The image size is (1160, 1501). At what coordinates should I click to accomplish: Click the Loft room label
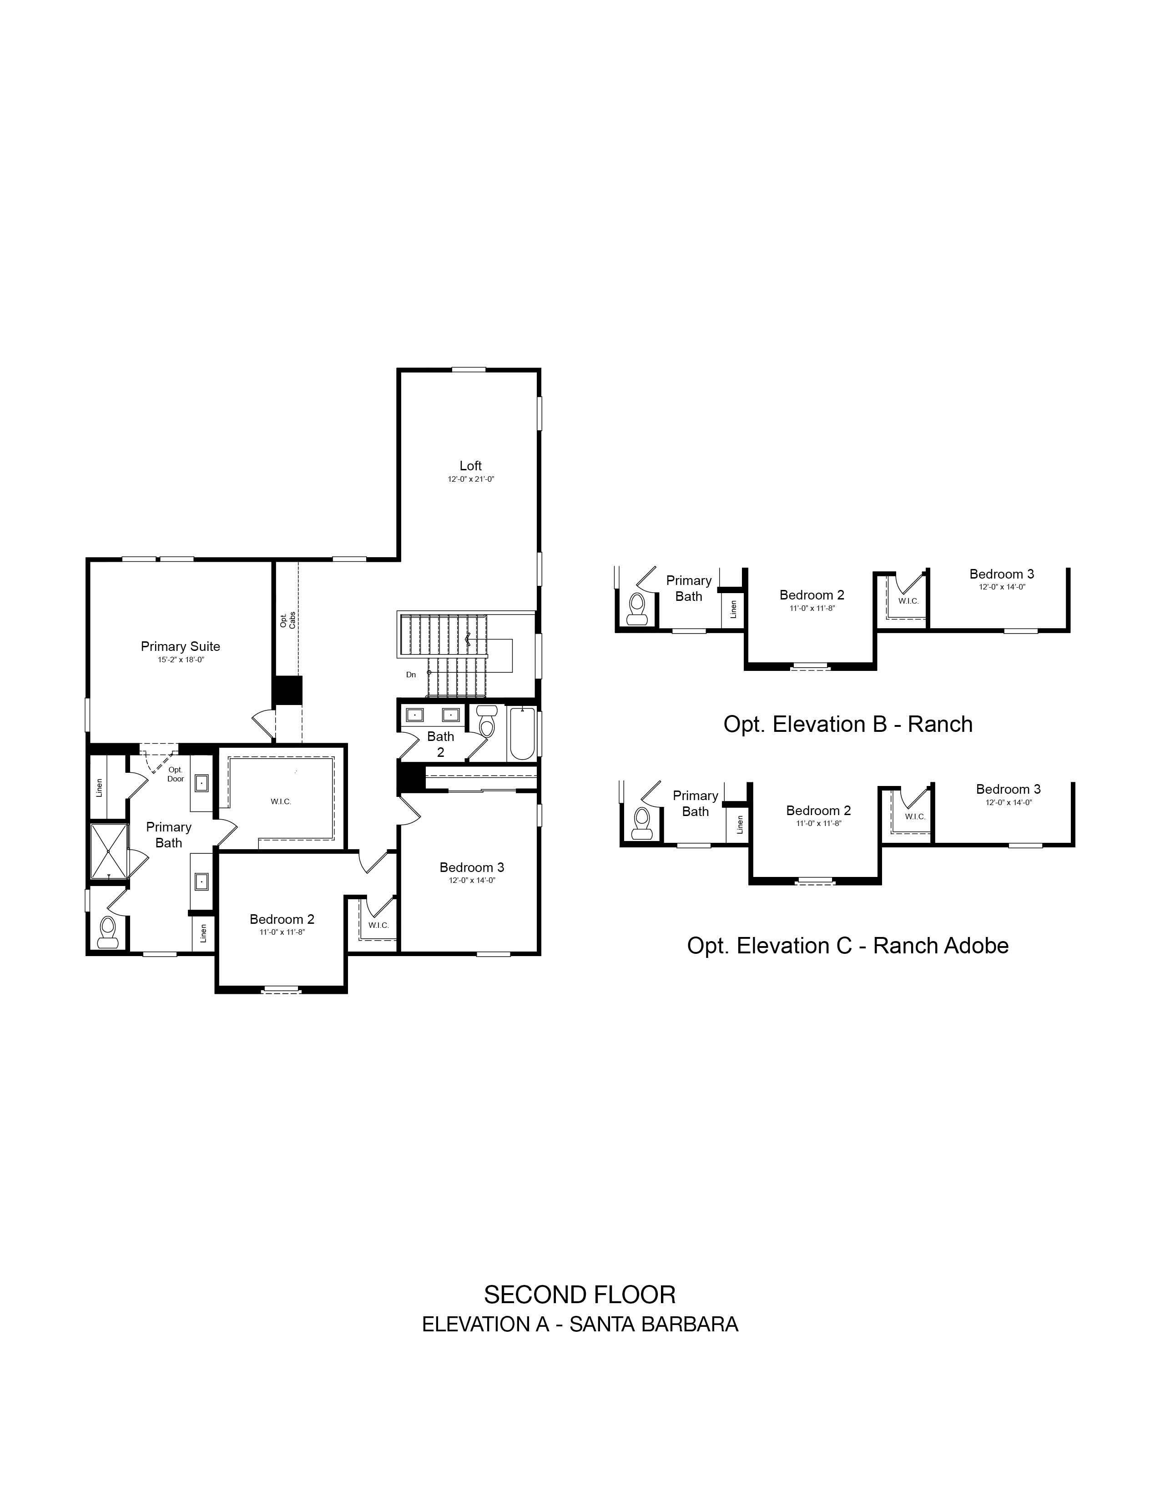471,466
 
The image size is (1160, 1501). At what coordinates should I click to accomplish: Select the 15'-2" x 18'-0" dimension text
181,660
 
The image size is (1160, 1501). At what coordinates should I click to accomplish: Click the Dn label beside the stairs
411,675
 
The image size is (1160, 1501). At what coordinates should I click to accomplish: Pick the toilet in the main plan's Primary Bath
107,932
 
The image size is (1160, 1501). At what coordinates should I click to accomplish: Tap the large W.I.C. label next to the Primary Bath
281,801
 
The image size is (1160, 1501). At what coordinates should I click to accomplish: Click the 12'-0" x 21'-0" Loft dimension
471,479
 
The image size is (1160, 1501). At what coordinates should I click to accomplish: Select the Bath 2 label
440,744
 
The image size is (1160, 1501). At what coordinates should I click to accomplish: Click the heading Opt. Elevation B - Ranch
848,725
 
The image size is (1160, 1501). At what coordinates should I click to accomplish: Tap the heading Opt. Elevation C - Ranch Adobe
848,946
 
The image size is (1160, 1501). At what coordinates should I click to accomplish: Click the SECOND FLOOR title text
580,1295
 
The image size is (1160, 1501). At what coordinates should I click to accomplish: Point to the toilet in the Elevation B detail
636,608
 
